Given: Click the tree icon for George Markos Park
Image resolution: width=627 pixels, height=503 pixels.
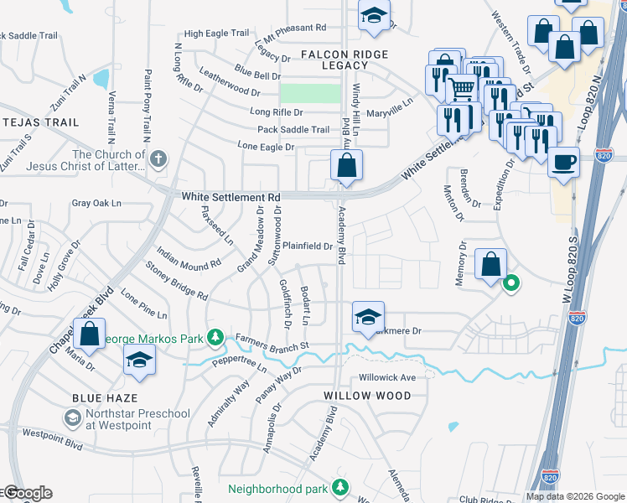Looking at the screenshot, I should tap(215, 337).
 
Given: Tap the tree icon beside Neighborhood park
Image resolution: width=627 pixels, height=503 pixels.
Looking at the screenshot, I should tap(339, 486).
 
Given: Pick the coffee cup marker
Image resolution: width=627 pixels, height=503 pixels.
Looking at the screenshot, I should tap(563, 160).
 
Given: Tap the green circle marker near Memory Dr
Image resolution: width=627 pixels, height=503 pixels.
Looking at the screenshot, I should tap(510, 283).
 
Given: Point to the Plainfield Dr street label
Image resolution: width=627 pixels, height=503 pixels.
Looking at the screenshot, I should tap(308, 246).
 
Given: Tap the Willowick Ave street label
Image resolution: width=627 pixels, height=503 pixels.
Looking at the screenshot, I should tap(387, 377).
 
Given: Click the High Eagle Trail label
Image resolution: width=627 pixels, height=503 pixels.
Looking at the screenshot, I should tap(216, 34).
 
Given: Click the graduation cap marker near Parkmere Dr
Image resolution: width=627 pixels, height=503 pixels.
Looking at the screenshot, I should tap(368, 316).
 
